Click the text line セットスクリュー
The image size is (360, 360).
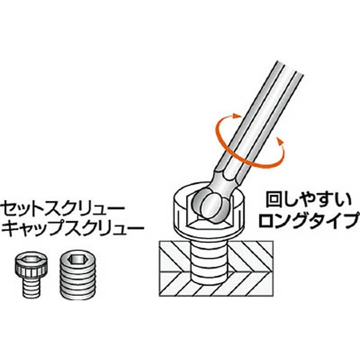(x=62, y=209)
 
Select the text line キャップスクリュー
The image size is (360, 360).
(x=73, y=228)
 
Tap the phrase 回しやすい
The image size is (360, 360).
(x=308, y=201)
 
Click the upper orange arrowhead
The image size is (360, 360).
(x=238, y=116)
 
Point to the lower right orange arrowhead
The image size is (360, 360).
(x=280, y=141)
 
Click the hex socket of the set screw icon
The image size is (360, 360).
(x=78, y=259)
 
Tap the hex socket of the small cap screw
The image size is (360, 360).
(x=31, y=260)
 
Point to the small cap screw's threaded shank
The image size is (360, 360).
(x=32, y=287)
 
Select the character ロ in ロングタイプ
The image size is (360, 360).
(x=266, y=220)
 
